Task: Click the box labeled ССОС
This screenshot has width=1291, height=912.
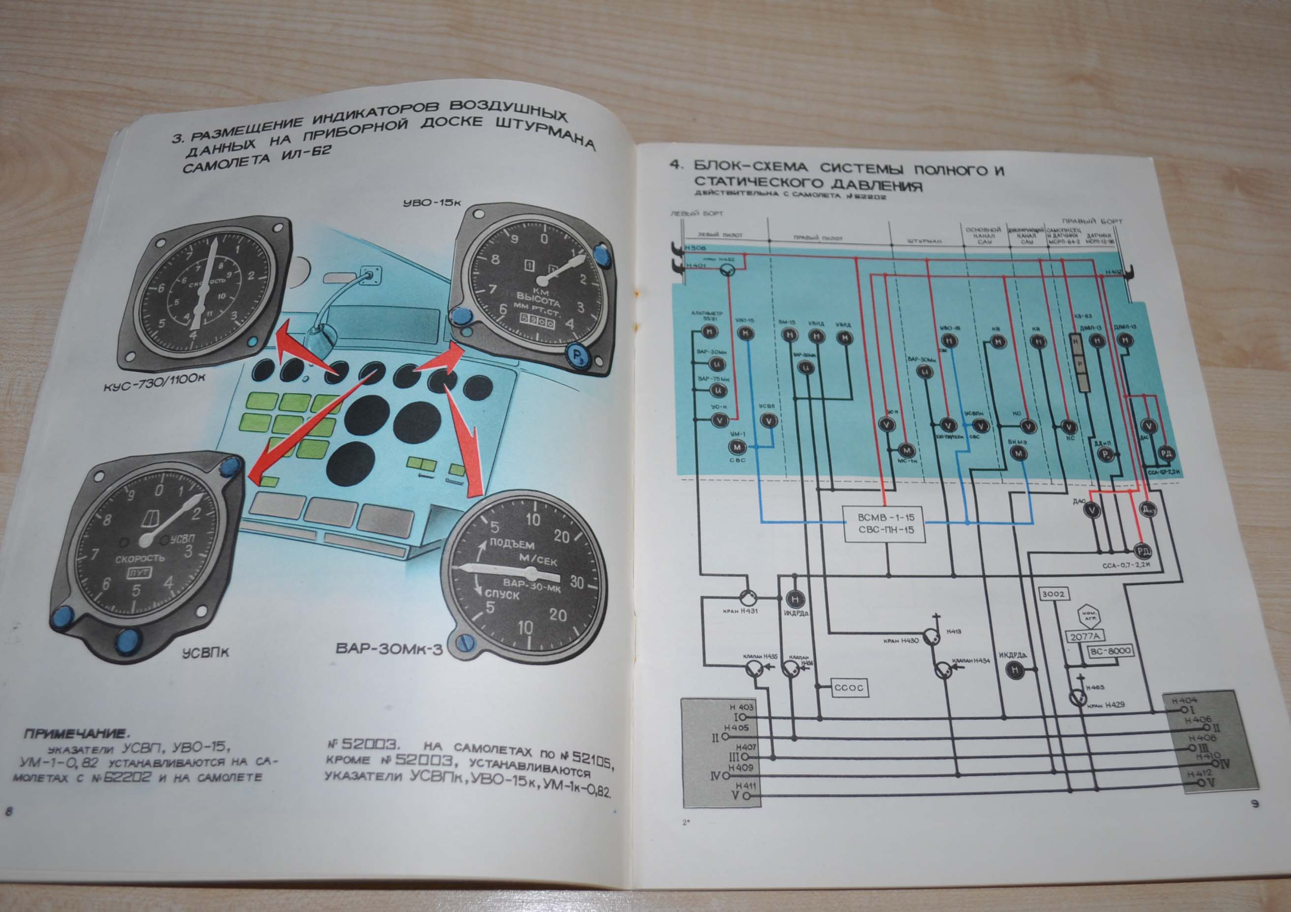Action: pos(849,687)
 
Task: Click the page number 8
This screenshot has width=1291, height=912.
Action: pos(8,811)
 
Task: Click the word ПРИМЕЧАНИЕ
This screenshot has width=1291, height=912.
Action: pos(76,734)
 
